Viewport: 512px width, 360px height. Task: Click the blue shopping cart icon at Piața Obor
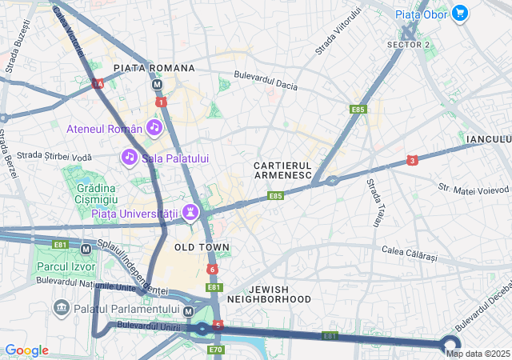click(459, 13)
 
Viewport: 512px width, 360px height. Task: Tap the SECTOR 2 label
click(408, 44)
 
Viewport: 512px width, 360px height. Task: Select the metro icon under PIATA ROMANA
click(158, 84)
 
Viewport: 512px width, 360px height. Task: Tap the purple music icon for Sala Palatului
click(129, 158)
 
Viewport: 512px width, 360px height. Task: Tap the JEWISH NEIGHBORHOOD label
click(269, 294)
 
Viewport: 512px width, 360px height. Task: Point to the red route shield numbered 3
click(412, 161)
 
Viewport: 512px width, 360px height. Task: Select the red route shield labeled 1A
click(98, 83)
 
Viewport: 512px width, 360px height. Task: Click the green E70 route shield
click(215, 350)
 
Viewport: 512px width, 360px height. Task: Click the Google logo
click(26, 350)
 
